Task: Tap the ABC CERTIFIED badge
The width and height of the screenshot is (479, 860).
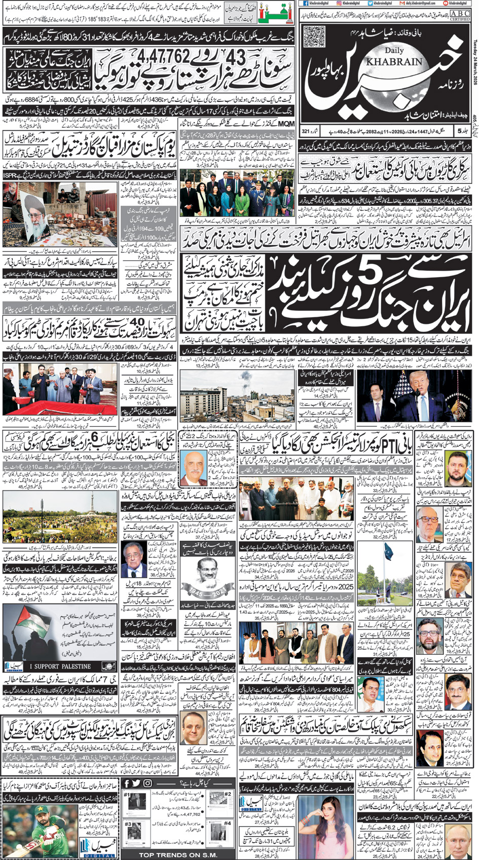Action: click(x=460, y=15)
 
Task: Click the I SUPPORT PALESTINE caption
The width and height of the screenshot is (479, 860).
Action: click(x=60, y=666)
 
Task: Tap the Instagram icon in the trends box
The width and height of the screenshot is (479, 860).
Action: click(x=147, y=783)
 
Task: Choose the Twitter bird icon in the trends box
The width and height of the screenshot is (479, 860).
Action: click(x=136, y=783)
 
